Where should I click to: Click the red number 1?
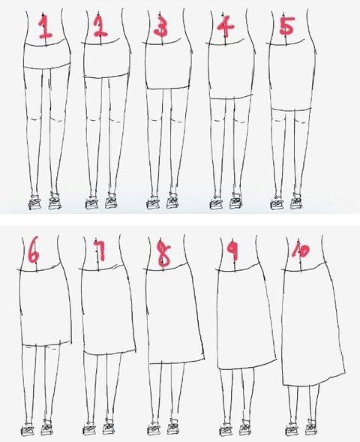click(46, 27)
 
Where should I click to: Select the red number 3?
click(161, 26)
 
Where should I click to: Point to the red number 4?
click(225, 26)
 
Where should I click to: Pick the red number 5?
click(287, 26)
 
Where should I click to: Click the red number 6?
click(34, 249)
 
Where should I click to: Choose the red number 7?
click(100, 250)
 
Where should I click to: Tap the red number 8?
click(164, 254)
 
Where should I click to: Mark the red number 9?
click(233, 249)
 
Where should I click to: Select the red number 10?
click(300, 251)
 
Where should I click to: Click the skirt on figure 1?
click(46, 55)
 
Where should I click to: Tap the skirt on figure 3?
click(169, 65)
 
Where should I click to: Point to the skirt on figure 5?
click(292, 76)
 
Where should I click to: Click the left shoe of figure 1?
click(34, 203)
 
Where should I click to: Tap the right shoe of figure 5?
click(297, 202)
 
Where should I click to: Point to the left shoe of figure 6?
click(27, 429)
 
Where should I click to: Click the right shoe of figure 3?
click(173, 200)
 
